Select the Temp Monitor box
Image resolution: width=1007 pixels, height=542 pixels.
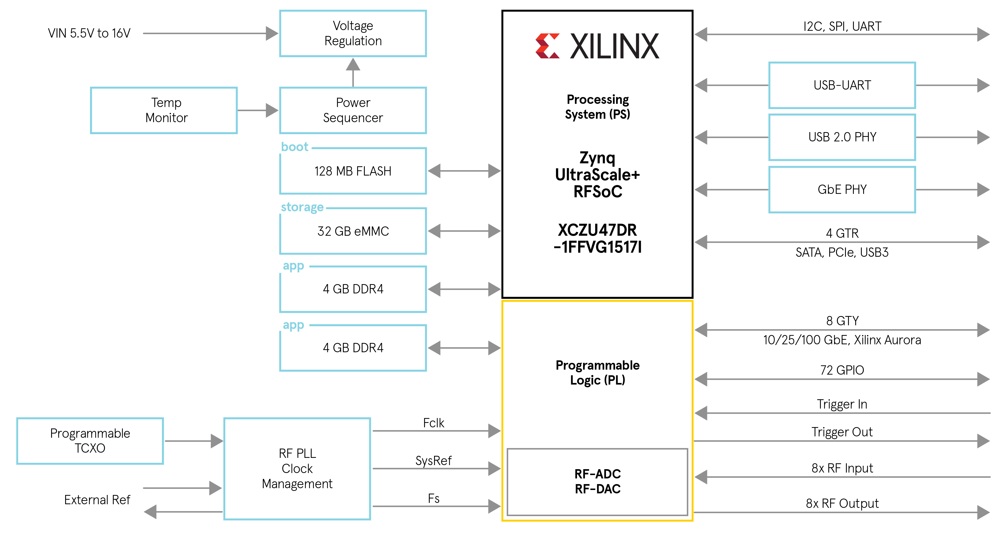pos(164,110)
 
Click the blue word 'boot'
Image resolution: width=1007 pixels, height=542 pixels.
pos(295,147)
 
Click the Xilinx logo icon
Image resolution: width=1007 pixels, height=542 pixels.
pos(547,46)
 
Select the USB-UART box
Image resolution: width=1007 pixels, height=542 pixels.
pos(842,85)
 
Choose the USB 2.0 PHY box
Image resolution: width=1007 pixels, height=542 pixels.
pos(842,137)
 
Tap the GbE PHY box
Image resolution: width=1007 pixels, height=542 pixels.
pos(842,190)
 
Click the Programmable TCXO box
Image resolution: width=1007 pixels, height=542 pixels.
pos(90,441)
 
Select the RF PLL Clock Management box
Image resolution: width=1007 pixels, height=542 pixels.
pos(297,468)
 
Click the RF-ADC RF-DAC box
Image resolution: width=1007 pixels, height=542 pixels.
pos(597,482)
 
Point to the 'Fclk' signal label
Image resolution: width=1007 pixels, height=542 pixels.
pos(434,423)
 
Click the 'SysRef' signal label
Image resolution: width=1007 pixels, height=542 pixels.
pos(434,461)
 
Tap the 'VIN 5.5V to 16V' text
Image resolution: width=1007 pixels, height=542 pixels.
pos(89,33)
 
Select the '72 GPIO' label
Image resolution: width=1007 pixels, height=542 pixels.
pos(842,370)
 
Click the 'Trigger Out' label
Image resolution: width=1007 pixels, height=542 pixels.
pos(842,432)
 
